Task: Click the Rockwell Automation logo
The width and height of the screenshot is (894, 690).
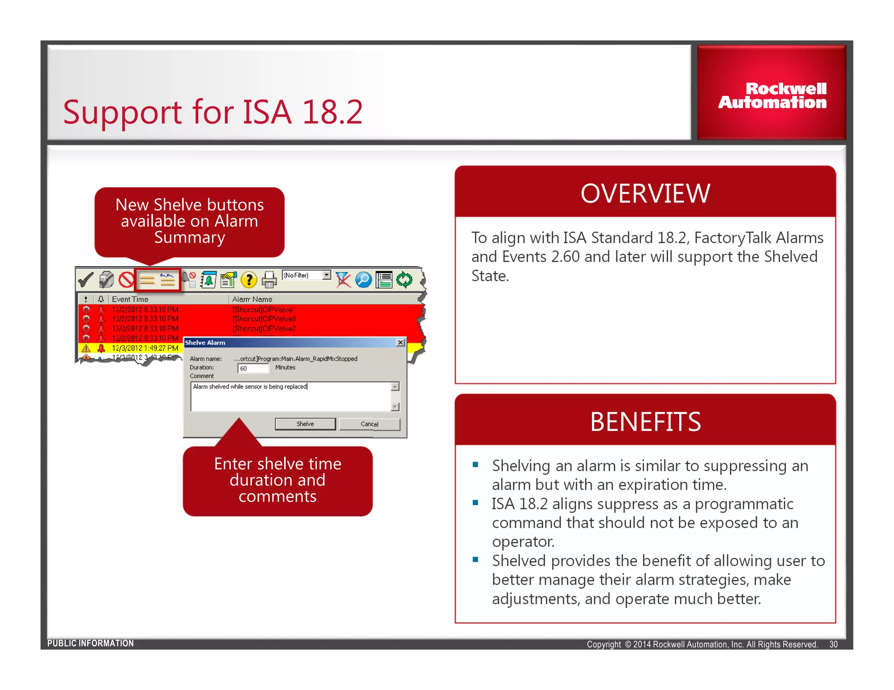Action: [772, 96]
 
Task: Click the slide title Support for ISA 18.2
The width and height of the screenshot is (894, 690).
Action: [213, 112]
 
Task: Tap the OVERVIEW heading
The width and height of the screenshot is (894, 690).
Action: [645, 193]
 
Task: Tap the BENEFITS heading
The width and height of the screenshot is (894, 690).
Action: [645, 422]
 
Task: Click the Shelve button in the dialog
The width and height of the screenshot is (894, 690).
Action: [305, 424]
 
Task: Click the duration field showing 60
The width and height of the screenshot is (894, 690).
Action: [252, 368]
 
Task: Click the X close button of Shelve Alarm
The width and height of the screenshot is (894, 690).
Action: [400, 342]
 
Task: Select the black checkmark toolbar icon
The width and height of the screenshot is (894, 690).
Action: [86, 280]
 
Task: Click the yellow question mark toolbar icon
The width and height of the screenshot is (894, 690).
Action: [249, 280]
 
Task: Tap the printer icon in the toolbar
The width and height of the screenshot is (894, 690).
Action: [269, 280]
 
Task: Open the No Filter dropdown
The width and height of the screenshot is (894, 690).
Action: [326, 275]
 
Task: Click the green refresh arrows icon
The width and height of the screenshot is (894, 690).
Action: [404, 280]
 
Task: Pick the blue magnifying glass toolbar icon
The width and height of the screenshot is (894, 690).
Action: [363, 280]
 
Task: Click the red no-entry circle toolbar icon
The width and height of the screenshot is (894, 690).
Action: [126, 280]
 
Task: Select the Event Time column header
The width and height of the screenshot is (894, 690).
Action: [130, 299]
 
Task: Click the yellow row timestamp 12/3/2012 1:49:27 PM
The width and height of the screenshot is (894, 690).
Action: [144, 348]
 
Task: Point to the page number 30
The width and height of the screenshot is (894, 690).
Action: [833, 644]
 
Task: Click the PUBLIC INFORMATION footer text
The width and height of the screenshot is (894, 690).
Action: [90, 643]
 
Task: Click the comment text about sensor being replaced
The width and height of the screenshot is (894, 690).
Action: [250, 386]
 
